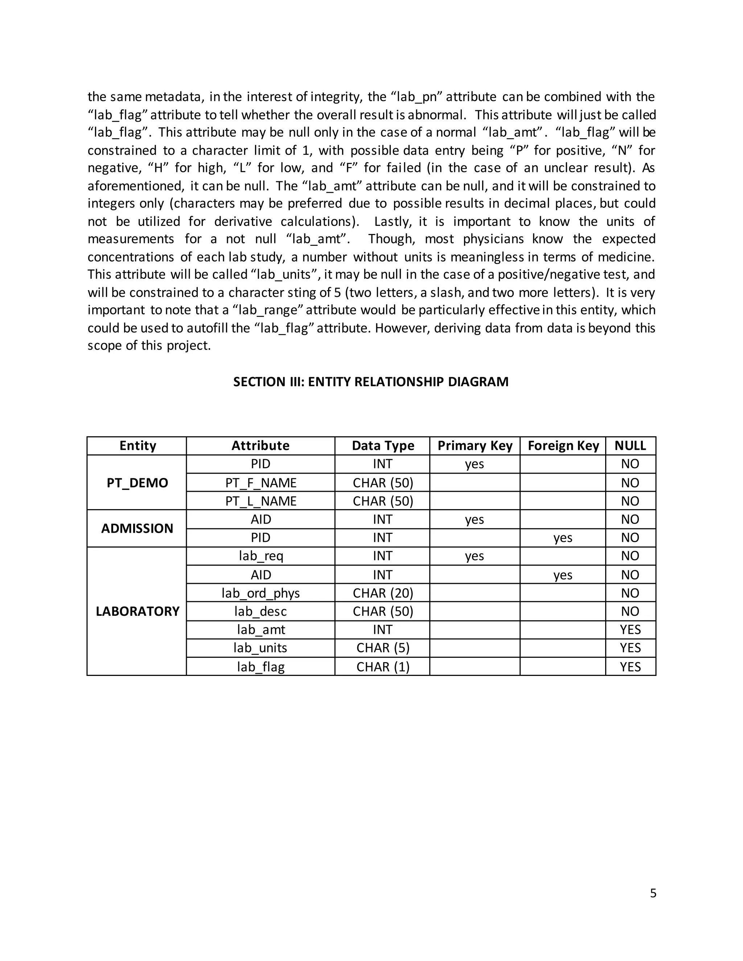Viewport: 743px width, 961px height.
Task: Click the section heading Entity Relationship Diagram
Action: [x=371, y=381]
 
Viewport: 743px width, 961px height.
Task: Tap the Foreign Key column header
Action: [x=563, y=446]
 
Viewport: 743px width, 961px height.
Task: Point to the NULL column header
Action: [x=630, y=446]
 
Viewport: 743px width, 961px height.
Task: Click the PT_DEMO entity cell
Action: [x=137, y=483]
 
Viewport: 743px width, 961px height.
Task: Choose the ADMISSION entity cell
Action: [x=137, y=528]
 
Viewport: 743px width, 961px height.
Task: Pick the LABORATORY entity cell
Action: [x=137, y=611]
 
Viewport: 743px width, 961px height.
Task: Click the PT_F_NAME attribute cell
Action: [x=260, y=483]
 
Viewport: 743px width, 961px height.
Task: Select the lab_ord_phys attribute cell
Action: [x=260, y=593]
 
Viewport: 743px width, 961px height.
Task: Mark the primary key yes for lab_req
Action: [x=475, y=556]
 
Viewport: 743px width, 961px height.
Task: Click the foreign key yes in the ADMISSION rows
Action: [x=563, y=538]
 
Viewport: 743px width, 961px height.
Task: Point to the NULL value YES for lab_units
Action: [x=630, y=648]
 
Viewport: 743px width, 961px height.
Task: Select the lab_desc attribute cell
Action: [x=260, y=611]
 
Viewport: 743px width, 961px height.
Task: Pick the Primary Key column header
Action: [x=475, y=446]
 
